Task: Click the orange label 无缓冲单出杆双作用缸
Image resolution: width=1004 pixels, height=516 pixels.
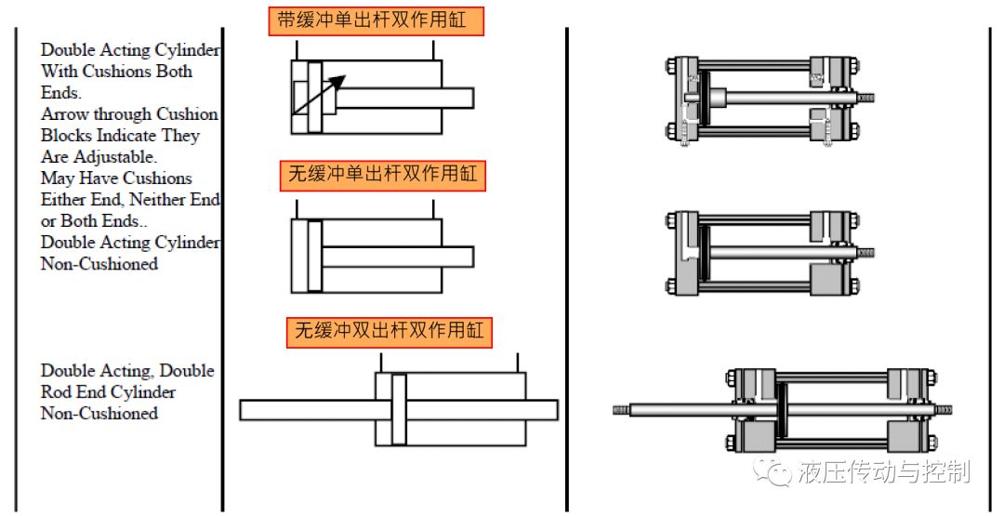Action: click(x=383, y=176)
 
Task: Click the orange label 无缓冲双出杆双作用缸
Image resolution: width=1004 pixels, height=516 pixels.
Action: click(x=390, y=332)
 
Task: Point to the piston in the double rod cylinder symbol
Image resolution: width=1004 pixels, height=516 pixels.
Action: click(x=399, y=409)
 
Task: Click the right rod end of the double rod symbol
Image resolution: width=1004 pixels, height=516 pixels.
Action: click(x=548, y=409)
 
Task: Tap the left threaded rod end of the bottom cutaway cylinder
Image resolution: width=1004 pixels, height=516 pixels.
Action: click(x=622, y=408)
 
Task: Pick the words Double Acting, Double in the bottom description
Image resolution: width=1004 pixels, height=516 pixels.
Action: click(x=127, y=371)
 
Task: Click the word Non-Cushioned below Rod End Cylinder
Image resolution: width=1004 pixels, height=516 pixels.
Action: click(x=99, y=414)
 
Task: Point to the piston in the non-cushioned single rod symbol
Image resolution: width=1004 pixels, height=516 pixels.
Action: click(x=314, y=257)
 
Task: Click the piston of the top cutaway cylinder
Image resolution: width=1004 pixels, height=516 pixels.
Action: click(x=718, y=97)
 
